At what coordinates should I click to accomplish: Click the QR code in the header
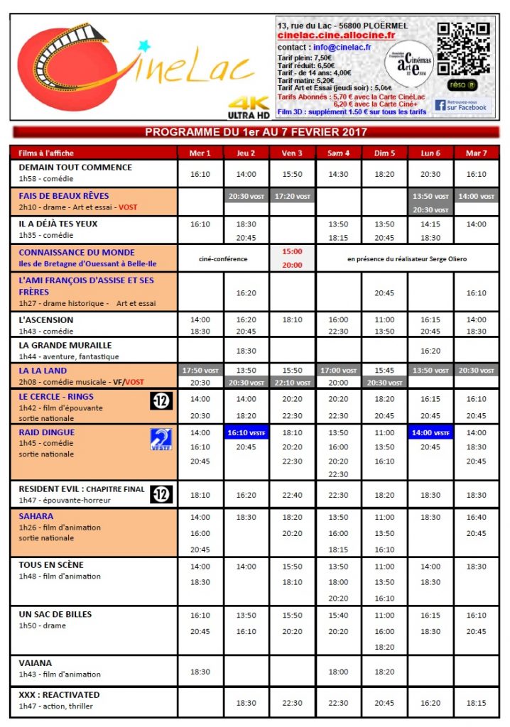tap(462, 49)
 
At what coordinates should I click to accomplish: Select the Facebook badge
tap(461, 105)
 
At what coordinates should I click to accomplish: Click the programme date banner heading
tap(256, 132)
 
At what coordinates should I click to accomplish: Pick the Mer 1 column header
tap(200, 153)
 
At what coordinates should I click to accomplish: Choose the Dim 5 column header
tap(384, 153)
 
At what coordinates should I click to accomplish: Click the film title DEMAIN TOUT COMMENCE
tap(75, 168)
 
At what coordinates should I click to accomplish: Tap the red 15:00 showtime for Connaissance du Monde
tap(292, 251)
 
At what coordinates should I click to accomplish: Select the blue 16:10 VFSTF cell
tap(246, 432)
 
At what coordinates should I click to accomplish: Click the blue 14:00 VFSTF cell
tap(430, 432)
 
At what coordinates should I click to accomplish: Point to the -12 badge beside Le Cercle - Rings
tap(162, 401)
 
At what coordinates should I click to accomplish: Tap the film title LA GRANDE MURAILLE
tap(65, 345)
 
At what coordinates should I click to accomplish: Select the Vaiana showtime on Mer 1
tap(200, 671)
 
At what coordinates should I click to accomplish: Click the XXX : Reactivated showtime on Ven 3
tap(292, 703)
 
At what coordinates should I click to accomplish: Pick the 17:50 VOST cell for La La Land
tap(200, 371)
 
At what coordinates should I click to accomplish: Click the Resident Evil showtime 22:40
tap(292, 496)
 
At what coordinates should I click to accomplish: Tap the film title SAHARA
tap(36, 516)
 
